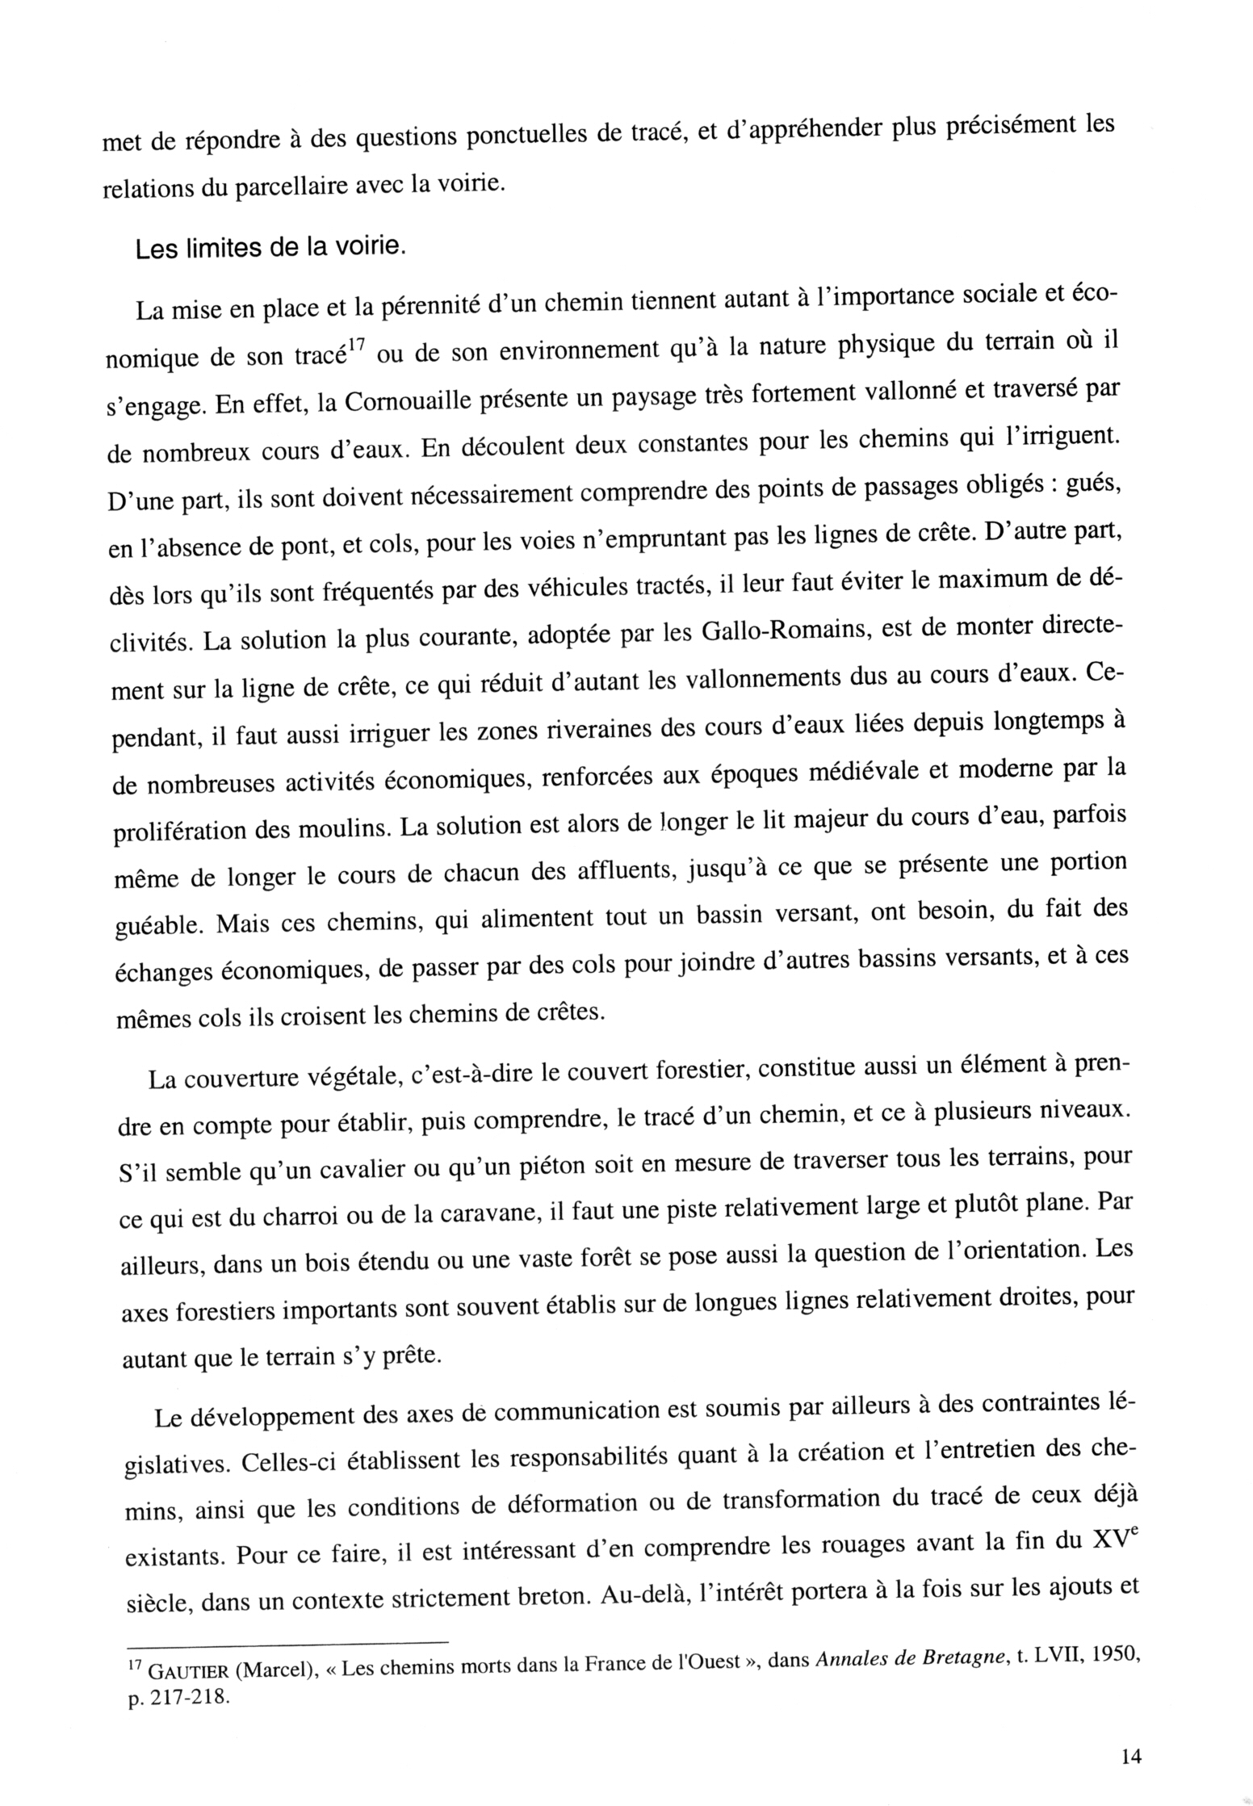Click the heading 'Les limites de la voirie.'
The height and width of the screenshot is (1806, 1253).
269,248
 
